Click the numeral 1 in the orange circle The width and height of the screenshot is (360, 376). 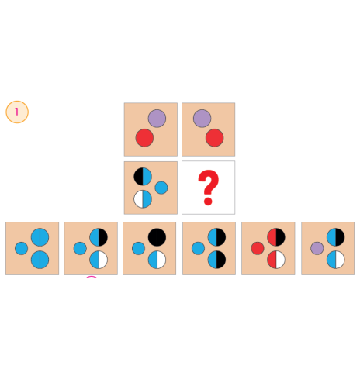point(17,112)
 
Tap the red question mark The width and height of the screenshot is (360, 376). point(208,188)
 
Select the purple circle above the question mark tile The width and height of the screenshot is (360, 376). point(202,119)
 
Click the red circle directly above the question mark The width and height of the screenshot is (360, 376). point(215,138)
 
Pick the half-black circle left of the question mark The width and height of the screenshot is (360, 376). point(143,177)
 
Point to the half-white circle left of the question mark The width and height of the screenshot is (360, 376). point(143,199)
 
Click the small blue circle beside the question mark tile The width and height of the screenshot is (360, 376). point(161,188)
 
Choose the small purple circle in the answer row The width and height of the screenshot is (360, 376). point(317,248)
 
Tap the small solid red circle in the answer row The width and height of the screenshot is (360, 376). point(258,248)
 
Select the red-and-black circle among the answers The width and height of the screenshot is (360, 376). point(276,237)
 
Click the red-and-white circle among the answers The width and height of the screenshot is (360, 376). point(276,260)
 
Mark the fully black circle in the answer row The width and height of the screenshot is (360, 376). point(157,237)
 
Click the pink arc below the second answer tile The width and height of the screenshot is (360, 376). point(92,277)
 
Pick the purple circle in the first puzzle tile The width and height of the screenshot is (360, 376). point(157,119)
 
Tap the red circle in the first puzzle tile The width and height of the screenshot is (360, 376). point(144,138)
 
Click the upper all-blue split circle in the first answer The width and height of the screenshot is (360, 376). point(40,237)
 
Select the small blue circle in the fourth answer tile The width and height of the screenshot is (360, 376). point(198,248)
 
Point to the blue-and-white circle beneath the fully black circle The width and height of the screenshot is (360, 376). point(157,260)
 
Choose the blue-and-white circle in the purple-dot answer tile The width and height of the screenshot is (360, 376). point(336,260)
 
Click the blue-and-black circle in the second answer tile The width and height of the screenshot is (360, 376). point(99,237)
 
